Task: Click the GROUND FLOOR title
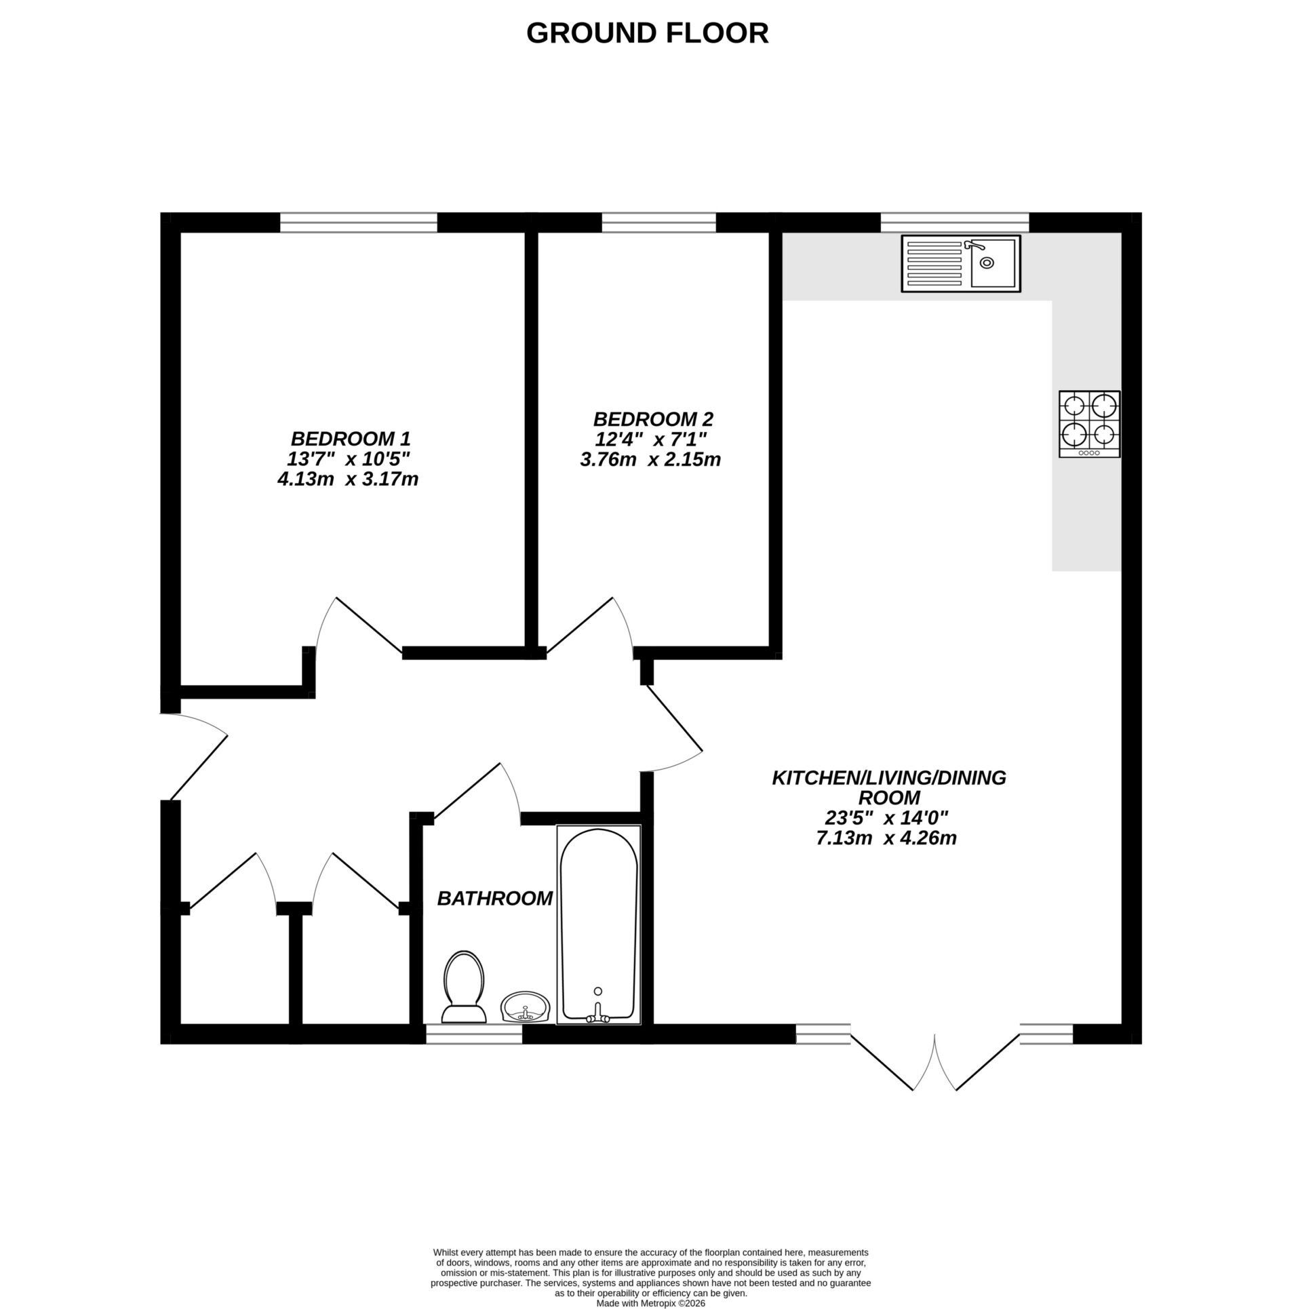pos(647,33)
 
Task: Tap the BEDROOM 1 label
pos(351,438)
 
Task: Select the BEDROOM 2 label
pos(652,418)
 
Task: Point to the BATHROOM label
pos(494,899)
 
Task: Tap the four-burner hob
pos(1089,424)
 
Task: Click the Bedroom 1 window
pos(358,222)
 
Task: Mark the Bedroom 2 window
pos(658,222)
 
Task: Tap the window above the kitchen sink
pos(954,222)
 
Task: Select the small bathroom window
pos(473,1034)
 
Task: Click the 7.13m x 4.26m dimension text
pos(886,839)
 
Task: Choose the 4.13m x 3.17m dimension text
pos(347,480)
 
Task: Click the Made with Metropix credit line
pos(650,1303)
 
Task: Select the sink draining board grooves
pos(934,263)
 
